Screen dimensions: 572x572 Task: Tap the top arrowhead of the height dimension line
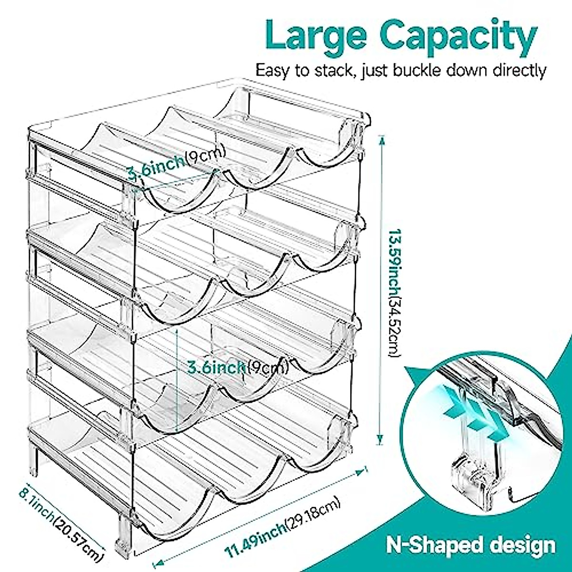pos(380,138)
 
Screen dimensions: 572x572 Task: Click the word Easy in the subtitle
pos(272,70)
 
